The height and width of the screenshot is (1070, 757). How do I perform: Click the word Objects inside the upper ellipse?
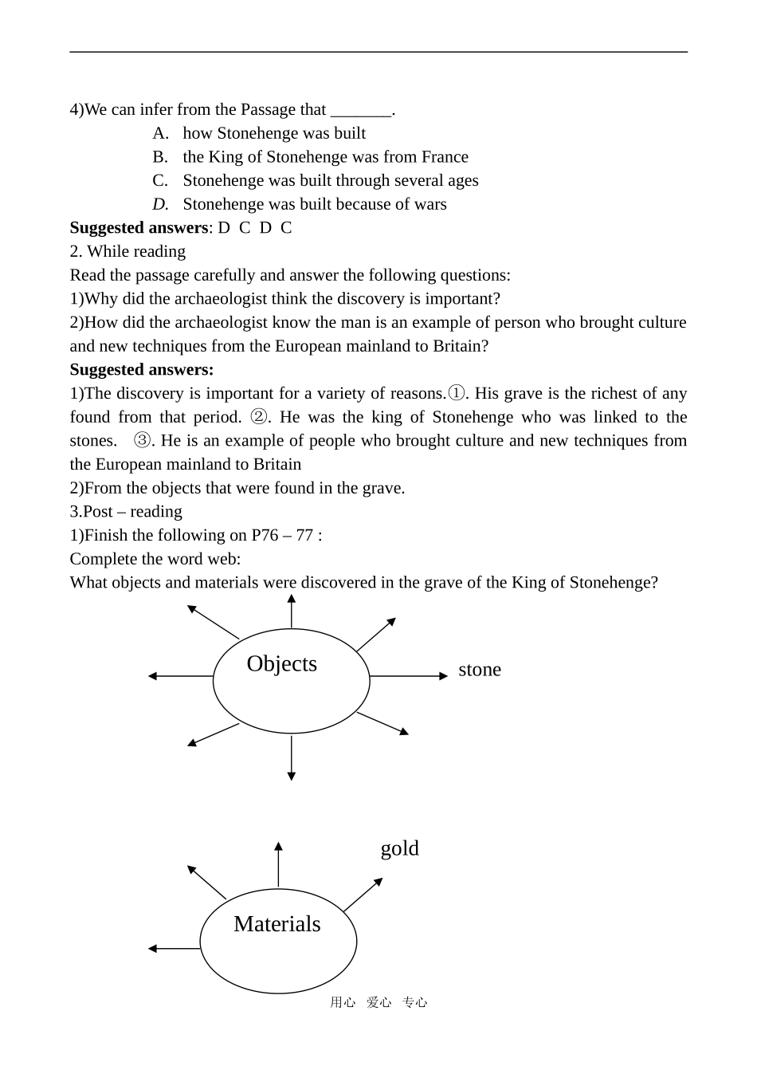tap(281, 663)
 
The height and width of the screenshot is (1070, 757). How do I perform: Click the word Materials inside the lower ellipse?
tap(277, 923)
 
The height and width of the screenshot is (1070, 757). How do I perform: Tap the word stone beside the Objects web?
tap(480, 670)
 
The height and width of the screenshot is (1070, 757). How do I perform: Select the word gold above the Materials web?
tap(399, 848)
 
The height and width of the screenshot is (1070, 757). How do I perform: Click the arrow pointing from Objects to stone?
tap(408, 676)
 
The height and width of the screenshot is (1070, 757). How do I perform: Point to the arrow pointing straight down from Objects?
tap(292, 757)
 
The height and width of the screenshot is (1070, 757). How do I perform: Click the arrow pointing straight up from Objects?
tap(292, 612)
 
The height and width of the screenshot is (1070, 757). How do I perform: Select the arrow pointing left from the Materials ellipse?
tap(174, 949)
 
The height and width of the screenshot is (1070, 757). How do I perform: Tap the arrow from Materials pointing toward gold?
tap(363, 895)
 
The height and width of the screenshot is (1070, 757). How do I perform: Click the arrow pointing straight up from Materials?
tap(278, 864)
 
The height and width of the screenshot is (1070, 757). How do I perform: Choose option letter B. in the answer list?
tap(160, 157)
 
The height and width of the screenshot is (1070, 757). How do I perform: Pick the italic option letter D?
tap(160, 204)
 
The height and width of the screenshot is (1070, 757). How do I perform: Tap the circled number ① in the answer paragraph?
tap(456, 393)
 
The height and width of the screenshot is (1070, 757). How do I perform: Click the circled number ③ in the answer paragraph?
tap(142, 441)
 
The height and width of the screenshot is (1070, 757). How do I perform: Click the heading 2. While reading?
tap(127, 251)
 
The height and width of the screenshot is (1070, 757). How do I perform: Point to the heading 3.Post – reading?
tap(126, 512)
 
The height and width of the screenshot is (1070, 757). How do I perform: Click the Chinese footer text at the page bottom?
tap(378, 1002)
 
